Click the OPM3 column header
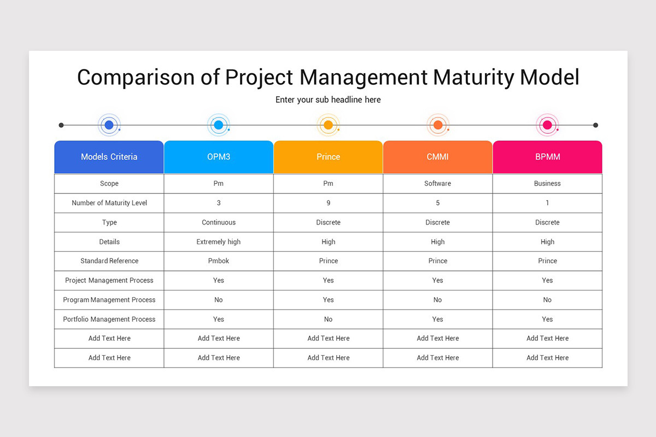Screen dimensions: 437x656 [x=219, y=157]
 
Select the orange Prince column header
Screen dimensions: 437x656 [x=328, y=157]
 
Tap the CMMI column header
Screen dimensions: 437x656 [x=437, y=157]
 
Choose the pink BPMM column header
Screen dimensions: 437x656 [x=547, y=157]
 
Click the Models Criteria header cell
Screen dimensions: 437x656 [x=109, y=157]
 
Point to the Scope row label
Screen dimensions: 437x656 [x=109, y=184]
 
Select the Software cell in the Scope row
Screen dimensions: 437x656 [x=437, y=184]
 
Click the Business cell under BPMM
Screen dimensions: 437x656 [x=547, y=184]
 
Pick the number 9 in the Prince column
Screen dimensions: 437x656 [x=328, y=203]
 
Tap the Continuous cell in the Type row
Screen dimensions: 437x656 [x=219, y=222]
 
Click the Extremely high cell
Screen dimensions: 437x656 [x=219, y=242]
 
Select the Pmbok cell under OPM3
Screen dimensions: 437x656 [x=219, y=261]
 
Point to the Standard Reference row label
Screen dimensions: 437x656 [x=109, y=261]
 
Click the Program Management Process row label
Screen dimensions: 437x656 [x=109, y=300]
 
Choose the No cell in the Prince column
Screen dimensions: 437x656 [x=328, y=319]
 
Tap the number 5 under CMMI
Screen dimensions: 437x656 [x=437, y=203]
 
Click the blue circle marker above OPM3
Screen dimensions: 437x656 [x=219, y=125]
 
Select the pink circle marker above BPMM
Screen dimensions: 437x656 [x=547, y=125]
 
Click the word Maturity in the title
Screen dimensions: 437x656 [x=472, y=78]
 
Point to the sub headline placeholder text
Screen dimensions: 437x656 [x=328, y=100]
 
